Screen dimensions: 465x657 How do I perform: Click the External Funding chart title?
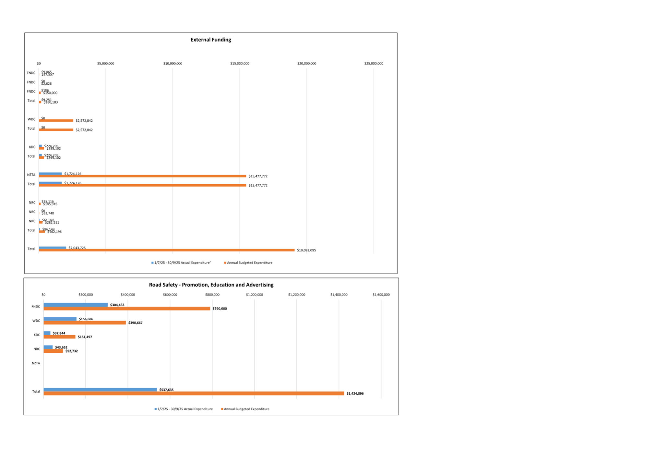point(210,40)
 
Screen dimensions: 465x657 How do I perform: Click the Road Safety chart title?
point(211,285)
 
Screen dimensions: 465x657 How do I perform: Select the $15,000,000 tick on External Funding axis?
point(240,63)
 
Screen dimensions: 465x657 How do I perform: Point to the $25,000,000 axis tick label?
point(374,63)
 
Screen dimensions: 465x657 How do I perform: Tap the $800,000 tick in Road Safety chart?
point(212,295)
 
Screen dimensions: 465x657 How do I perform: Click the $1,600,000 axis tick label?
point(381,295)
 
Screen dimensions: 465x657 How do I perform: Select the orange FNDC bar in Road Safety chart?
point(126,309)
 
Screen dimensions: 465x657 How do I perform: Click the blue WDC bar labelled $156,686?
point(60,319)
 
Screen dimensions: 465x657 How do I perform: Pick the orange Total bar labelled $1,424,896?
point(194,393)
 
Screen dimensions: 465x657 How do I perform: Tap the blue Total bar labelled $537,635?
point(100,389)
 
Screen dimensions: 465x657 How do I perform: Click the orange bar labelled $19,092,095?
point(166,250)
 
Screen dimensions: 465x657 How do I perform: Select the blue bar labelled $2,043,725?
point(52,248)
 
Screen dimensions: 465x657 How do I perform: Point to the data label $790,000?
point(220,309)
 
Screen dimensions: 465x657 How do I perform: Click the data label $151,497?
point(85,337)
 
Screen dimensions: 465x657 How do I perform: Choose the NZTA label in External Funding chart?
point(31,175)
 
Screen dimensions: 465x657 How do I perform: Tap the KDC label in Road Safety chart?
point(37,335)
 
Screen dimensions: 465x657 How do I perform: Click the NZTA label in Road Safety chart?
point(36,363)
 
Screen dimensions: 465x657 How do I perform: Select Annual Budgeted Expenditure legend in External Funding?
point(249,263)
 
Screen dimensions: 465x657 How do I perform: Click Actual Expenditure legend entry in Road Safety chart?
point(185,409)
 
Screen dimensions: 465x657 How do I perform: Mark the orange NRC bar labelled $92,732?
point(53,351)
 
